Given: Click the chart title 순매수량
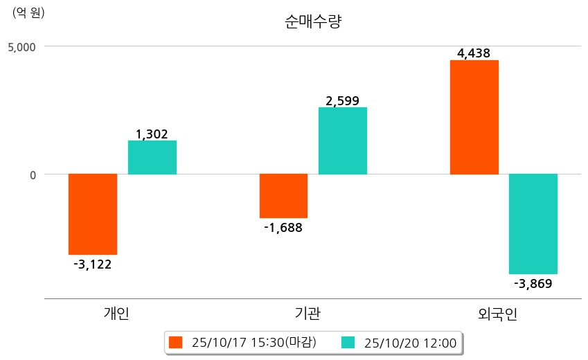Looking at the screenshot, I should tap(313, 22).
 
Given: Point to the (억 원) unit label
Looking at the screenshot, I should tap(28, 12).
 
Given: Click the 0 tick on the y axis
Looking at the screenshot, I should tap(32, 174).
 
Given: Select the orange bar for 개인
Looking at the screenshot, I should tap(93, 214).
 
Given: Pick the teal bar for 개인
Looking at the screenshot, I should tap(152, 157).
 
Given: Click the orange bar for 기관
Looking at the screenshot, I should tap(283, 196).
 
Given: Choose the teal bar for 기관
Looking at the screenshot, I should tap(343, 141).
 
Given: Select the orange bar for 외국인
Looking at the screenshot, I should tap(474, 117).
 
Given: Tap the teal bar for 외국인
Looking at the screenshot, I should tap(533, 224).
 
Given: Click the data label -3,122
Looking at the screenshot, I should tap(93, 264).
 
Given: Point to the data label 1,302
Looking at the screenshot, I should tap(152, 134).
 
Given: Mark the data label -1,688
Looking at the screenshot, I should tap(283, 227).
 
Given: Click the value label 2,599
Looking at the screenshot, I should tap(343, 101).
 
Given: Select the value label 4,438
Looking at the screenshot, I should tap(474, 53).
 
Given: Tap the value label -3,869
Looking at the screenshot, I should tap(533, 283).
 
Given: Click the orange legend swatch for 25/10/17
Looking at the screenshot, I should tap(175, 342).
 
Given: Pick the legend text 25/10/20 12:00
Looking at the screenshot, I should tap(410, 342).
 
